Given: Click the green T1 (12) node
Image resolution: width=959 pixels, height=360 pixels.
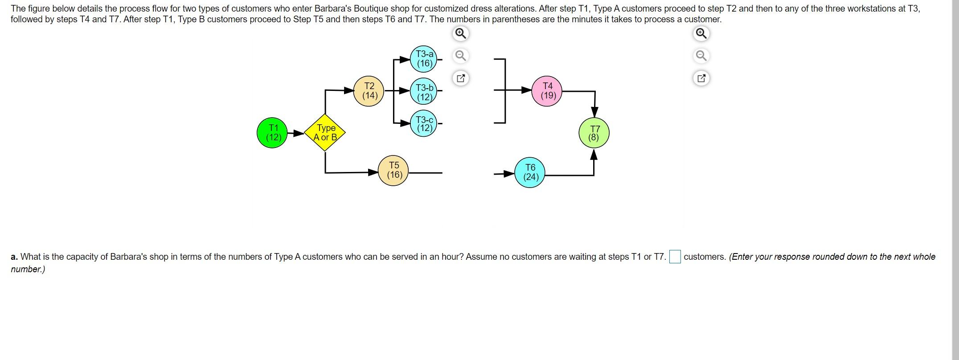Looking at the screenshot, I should coord(272,133).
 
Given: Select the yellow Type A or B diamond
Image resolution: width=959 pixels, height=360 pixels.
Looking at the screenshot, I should coord(325,133).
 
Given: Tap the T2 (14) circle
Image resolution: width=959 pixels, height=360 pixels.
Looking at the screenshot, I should coord(369,91).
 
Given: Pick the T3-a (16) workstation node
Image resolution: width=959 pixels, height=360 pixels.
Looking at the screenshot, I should coord(424,59).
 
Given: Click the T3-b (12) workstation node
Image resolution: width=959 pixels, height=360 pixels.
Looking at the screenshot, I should coord(424,92).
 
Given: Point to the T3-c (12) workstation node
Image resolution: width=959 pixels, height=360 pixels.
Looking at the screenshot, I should coord(424,123).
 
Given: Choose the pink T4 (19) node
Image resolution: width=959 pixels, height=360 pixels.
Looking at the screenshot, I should coord(548,91).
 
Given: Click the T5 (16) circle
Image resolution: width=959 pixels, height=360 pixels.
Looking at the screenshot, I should coord(393,170).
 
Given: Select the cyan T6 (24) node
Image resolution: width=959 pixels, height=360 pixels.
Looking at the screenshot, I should coord(530,172).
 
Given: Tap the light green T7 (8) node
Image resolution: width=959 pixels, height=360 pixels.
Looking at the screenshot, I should coord(594,133).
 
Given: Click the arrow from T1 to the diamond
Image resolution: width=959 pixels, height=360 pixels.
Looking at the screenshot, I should coord(295,133).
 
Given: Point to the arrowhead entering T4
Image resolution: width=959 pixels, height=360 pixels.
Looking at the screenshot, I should coord(526,90).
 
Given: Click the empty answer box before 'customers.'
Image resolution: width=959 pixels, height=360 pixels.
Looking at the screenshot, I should coord(675,257).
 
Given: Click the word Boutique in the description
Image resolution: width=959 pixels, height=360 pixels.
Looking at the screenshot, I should coord(371,8).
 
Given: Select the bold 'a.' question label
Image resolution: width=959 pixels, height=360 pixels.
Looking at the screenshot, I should coord(14,257).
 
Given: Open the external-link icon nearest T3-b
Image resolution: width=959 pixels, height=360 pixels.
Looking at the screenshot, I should coord(461,78).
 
